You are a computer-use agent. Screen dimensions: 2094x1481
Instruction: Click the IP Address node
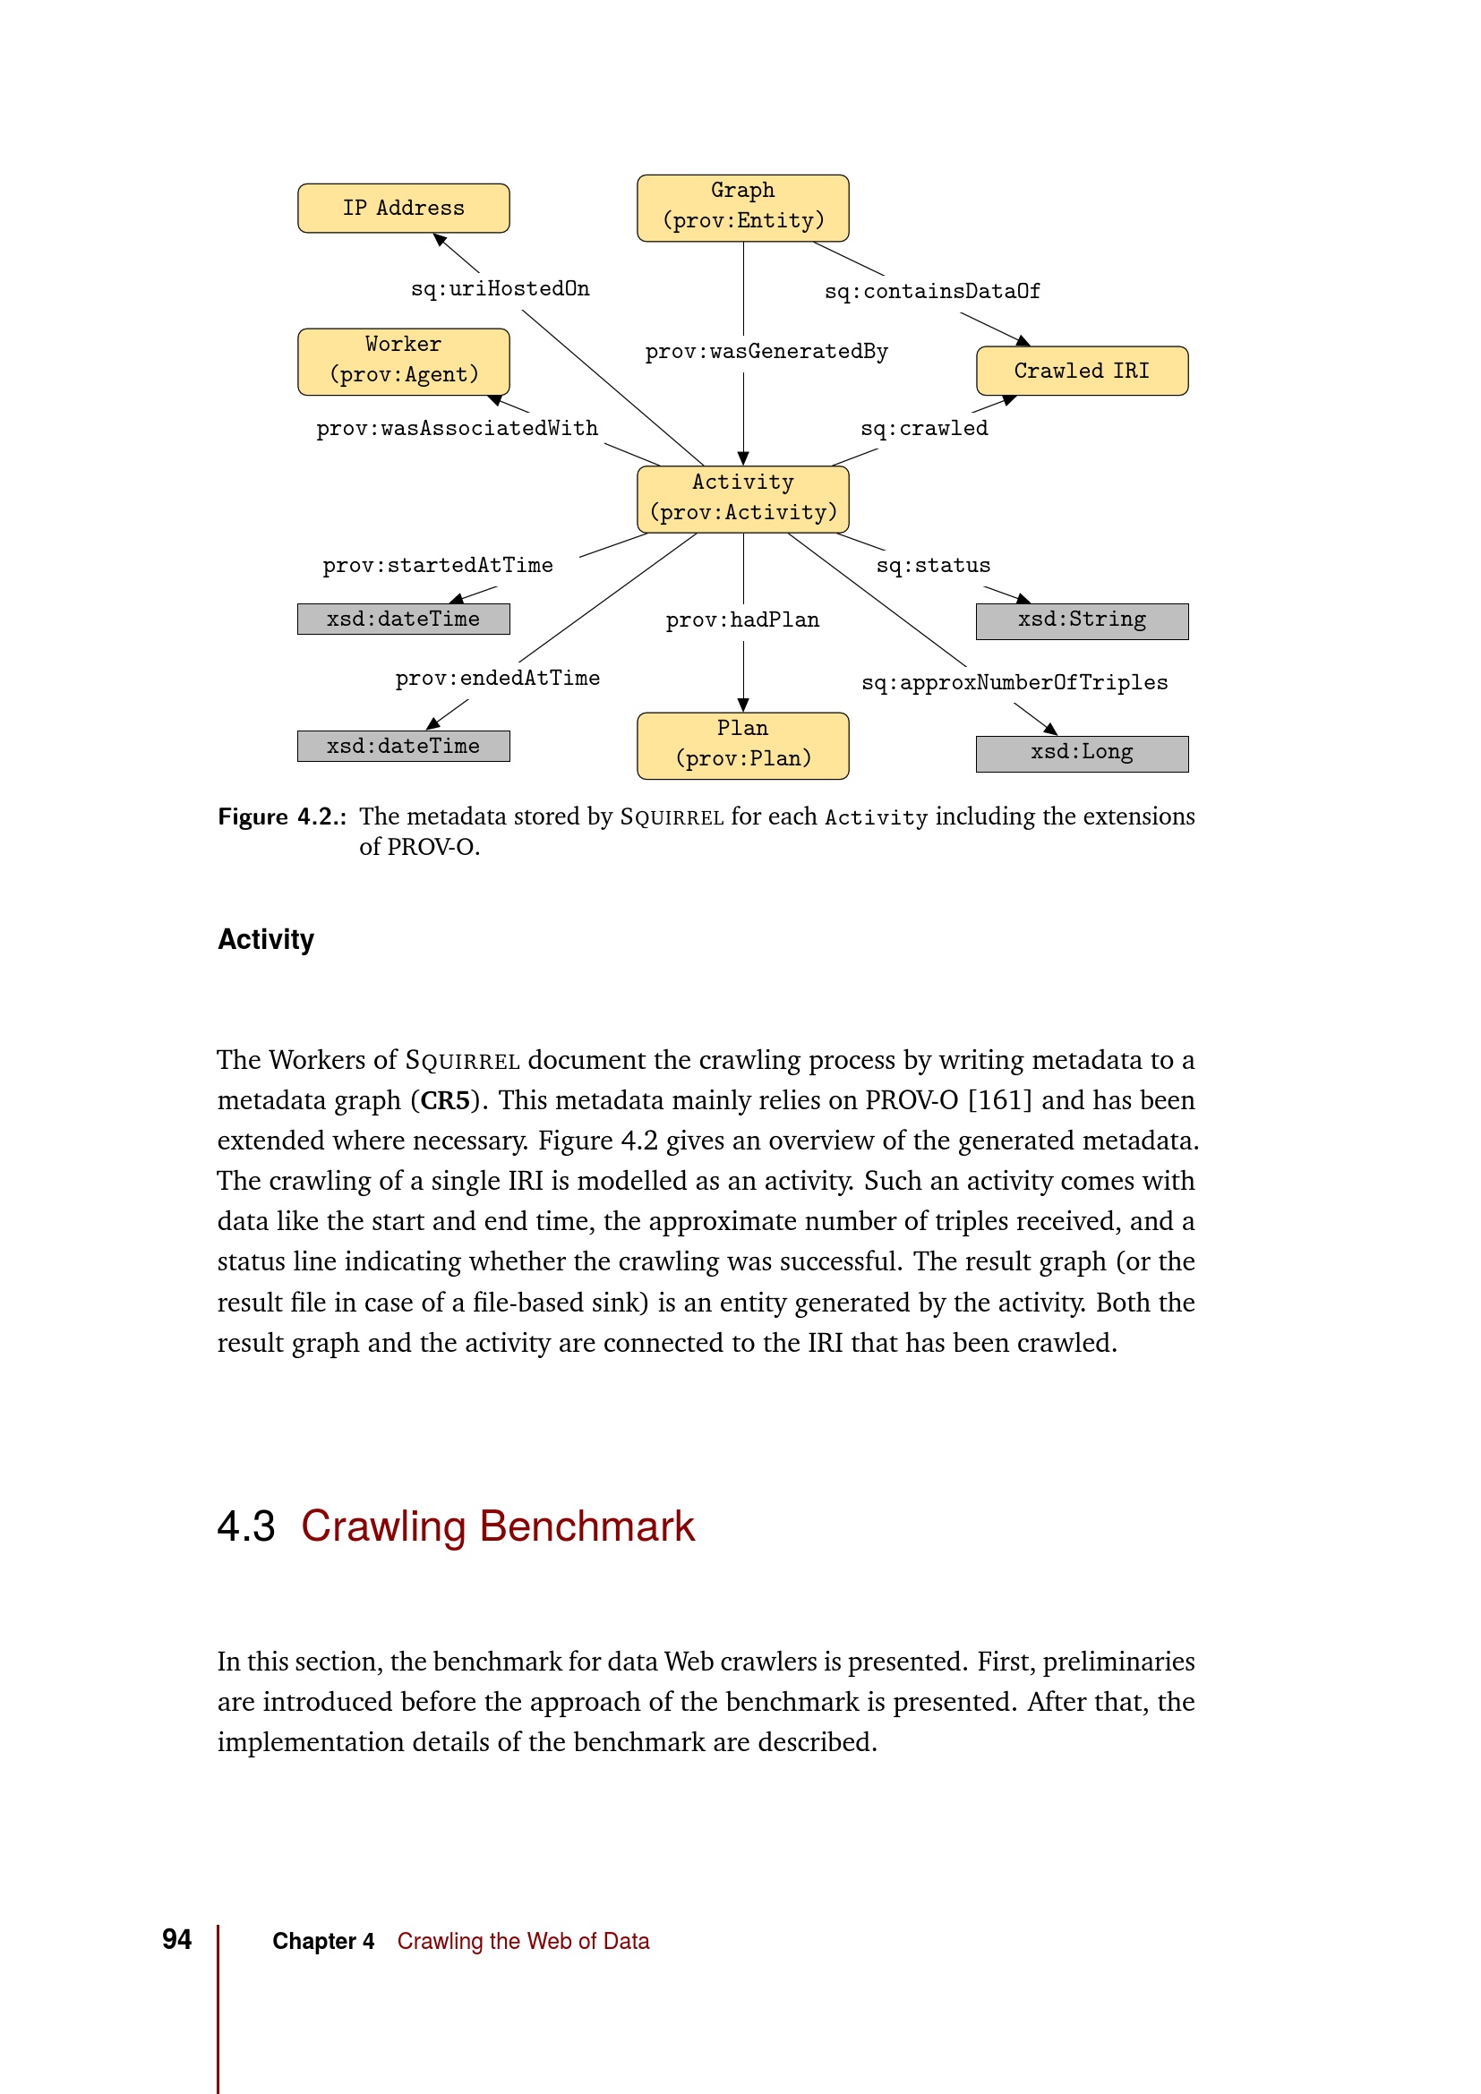[403, 208]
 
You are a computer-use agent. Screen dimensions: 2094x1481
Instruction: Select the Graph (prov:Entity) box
[742, 208]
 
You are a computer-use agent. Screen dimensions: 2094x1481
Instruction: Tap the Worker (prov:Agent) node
[403, 361]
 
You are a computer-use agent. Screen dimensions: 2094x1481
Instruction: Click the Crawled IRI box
[1082, 371]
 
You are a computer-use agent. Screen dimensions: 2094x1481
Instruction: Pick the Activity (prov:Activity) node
[742, 499]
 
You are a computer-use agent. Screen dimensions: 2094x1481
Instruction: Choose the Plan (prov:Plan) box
[742, 745]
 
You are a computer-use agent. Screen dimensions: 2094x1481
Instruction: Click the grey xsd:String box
[1082, 621]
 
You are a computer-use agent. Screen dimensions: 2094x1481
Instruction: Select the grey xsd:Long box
[1082, 753]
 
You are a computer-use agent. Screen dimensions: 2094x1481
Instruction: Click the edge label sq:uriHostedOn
[500, 289]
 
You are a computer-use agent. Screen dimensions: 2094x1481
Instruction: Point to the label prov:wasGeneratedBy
[766, 352]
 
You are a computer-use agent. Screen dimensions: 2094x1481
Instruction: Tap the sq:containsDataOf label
[931, 292]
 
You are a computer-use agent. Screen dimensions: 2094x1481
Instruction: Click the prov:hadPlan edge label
[742, 621]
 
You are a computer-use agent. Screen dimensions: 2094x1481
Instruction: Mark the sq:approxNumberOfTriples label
[1014, 683]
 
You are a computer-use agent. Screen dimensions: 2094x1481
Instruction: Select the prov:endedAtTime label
[497, 679]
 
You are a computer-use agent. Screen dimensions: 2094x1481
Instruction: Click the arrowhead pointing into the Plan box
[743, 705]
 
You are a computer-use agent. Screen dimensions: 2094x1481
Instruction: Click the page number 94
[177, 1939]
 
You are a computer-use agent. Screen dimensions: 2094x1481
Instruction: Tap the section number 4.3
[246, 1526]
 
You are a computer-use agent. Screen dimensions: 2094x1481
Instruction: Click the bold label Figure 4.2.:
[281, 817]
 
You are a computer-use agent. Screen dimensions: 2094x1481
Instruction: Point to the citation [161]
[999, 1101]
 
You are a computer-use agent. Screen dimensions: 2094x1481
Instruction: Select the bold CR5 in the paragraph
[445, 1101]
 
